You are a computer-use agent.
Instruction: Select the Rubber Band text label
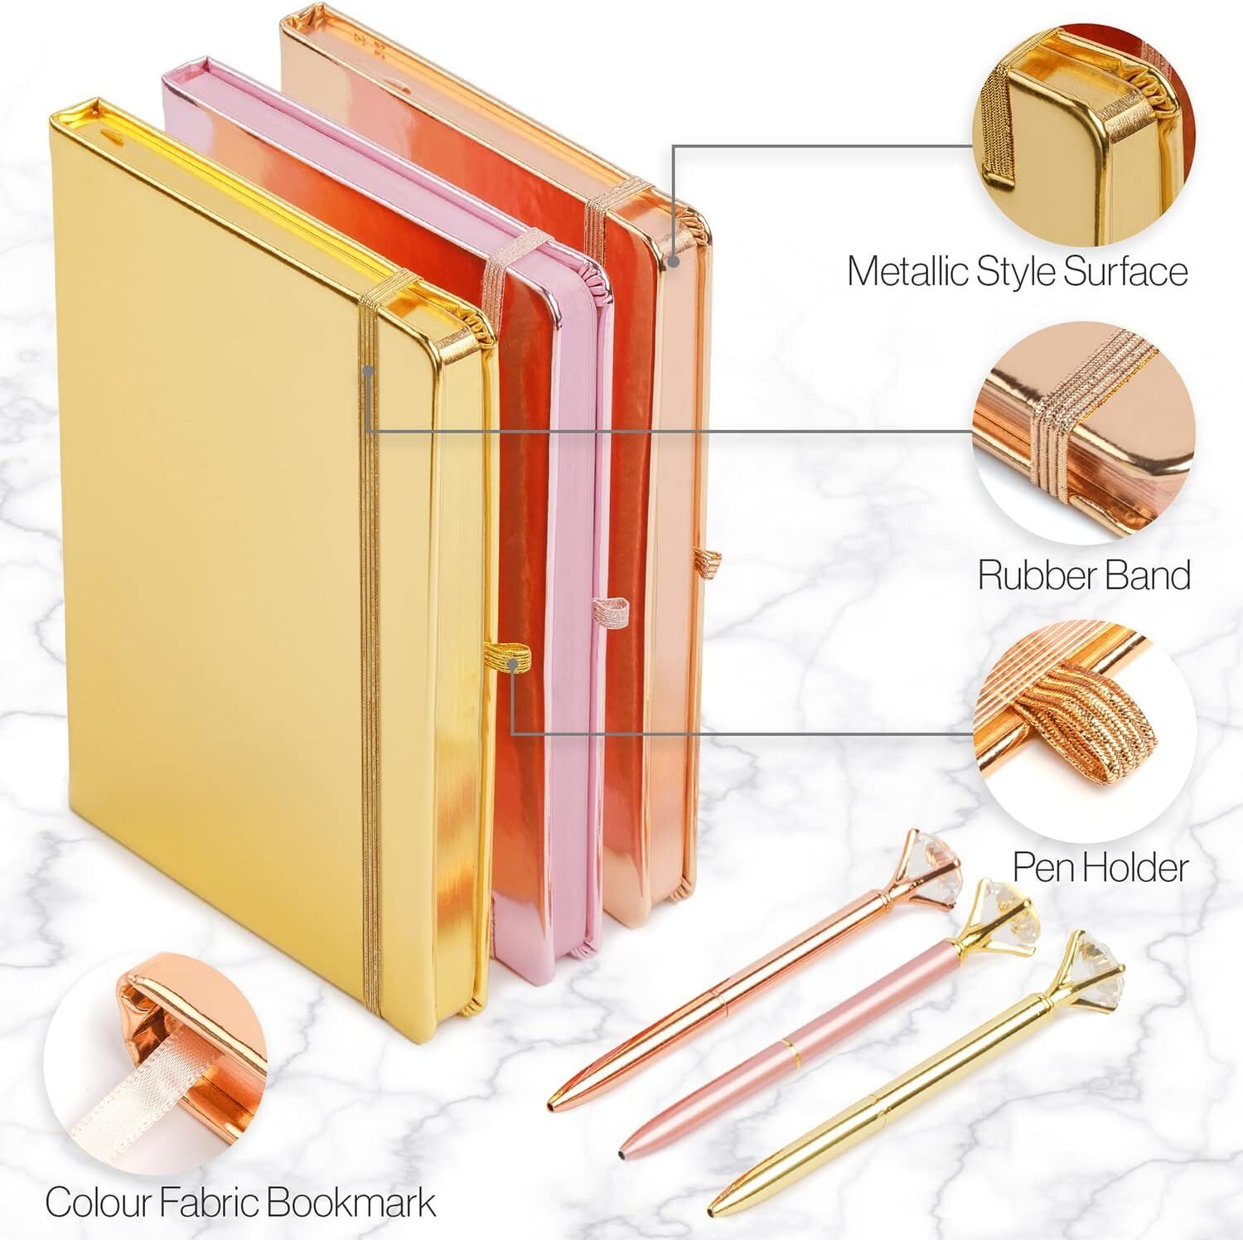click(x=1084, y=574)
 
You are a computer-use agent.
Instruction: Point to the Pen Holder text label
click(x=1100, y=867)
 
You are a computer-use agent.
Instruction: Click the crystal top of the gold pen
click(x=1095, y=959)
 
